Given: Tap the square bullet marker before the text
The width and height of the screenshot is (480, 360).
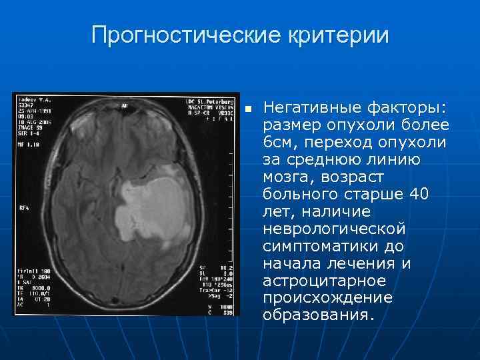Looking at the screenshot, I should click(x=247, y=109).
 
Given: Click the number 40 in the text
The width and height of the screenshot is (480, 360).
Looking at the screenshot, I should click(x=437, y=195).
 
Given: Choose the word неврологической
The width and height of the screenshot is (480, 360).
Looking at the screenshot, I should click(x=334, y=229).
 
